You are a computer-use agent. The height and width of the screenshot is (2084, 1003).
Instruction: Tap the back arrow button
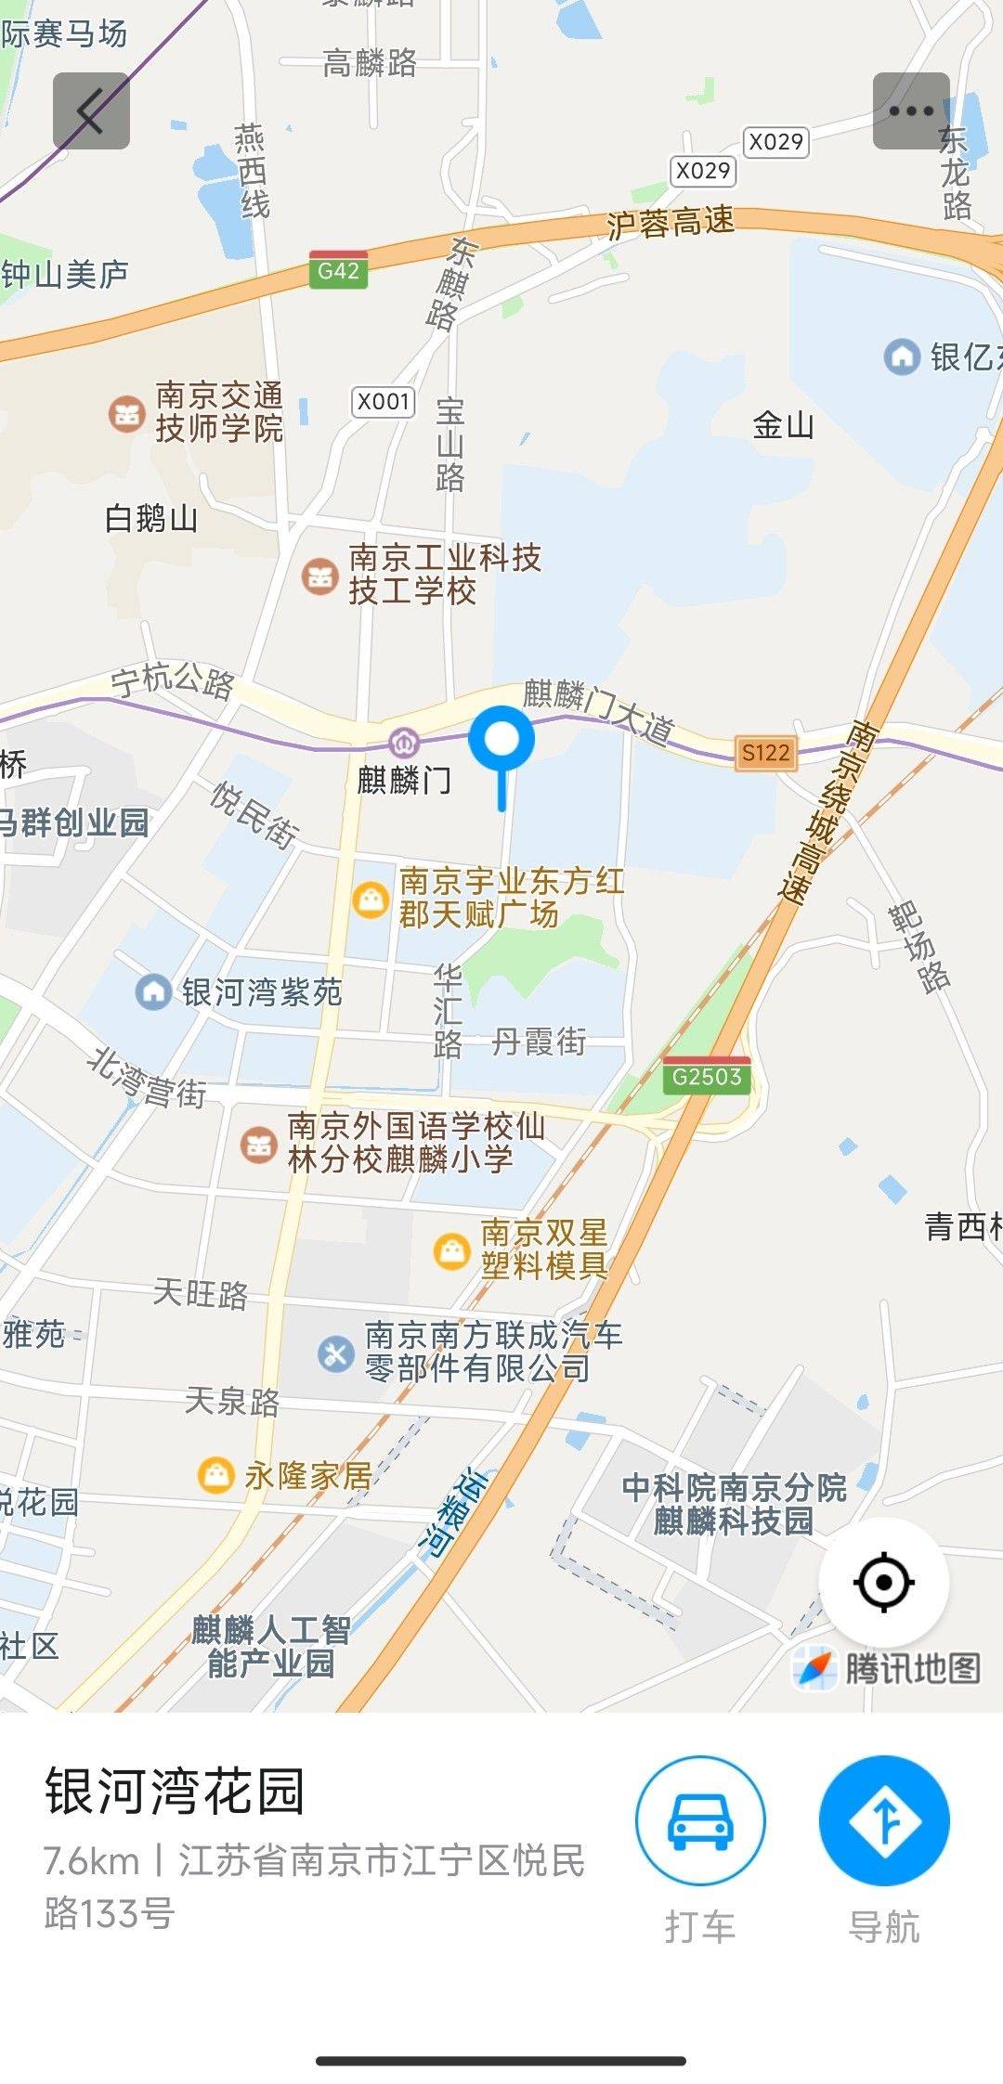point(90,111)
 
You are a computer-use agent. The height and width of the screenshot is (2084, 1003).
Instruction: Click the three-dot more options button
point(910,111)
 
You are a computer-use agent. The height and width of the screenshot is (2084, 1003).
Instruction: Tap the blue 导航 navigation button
point(883,1819)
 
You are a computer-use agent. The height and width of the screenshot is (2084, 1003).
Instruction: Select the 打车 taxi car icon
point(700,1819)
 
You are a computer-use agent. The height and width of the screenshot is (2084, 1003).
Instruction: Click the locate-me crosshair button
point(883,1581)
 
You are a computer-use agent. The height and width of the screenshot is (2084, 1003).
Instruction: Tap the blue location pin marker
point(501,742)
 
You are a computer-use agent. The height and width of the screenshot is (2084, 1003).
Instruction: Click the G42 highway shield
point(338,271)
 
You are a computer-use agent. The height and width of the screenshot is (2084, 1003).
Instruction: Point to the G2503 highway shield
point(707,1077)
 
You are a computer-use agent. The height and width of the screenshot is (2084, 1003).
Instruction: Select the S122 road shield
point(766,753)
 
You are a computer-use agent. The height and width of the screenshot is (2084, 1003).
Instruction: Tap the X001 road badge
point(384,402)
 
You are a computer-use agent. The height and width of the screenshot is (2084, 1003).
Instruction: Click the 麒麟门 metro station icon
point(404,743)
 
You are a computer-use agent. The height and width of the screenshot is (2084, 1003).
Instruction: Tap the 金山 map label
point(783,426)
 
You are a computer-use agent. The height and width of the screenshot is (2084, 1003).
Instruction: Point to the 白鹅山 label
point(151,518)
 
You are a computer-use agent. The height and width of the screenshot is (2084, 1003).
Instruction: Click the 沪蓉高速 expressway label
point(671,222)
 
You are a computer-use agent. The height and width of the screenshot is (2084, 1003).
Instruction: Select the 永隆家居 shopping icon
point(215,1474)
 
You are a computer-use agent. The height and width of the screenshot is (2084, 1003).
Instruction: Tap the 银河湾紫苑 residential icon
point(152,991)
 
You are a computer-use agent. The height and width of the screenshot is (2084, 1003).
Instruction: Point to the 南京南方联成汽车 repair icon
point(335,1353)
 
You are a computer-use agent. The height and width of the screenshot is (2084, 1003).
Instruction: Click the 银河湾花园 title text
point(175,1792)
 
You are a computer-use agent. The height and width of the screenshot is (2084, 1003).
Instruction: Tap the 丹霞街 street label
point(539,1042)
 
